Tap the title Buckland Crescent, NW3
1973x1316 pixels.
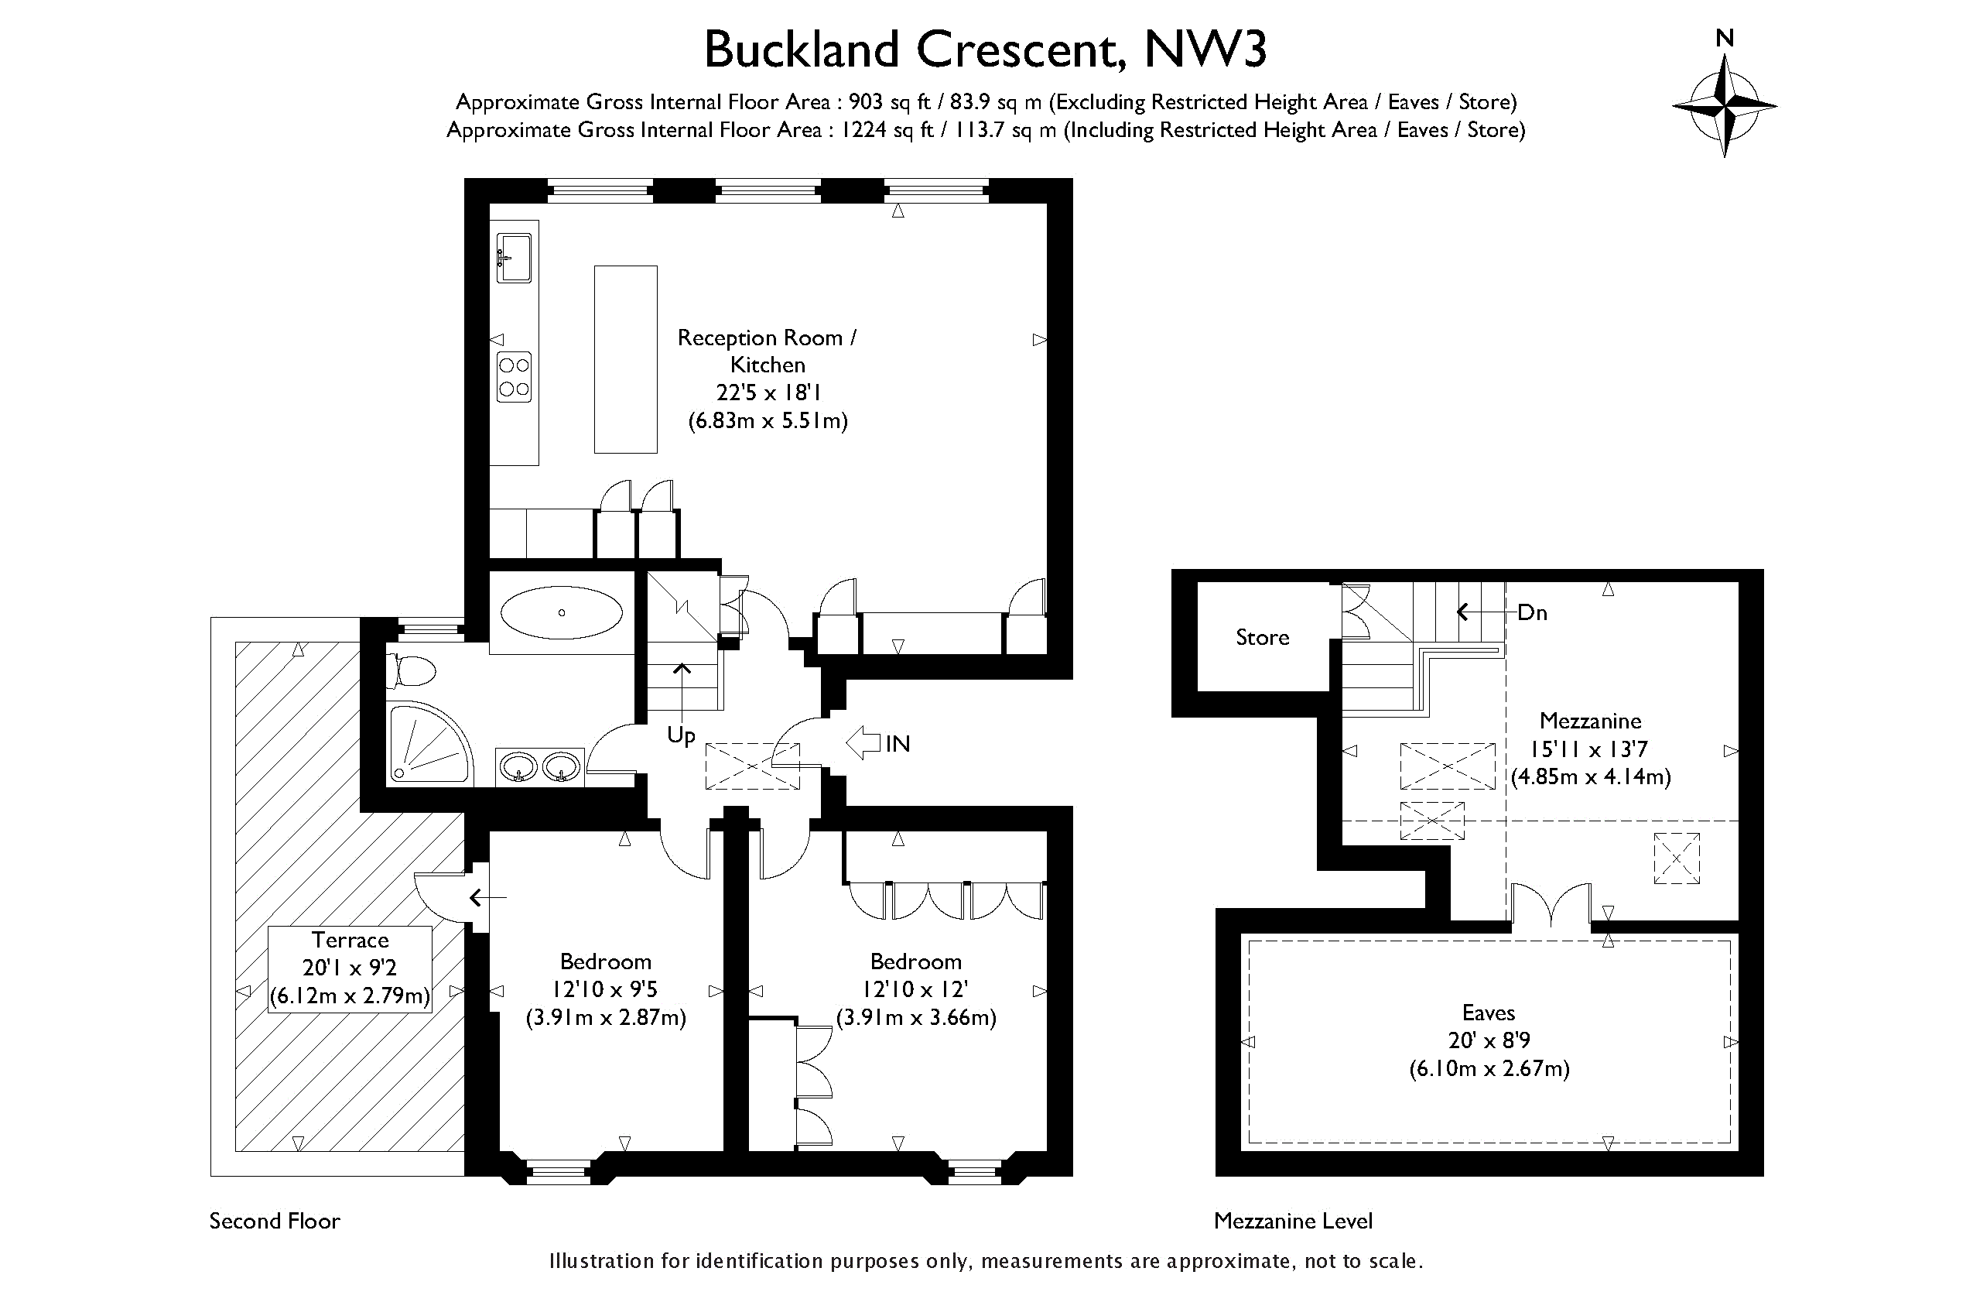pyautogui.click(x=985, y=50)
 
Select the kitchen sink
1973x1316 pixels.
pyautogui.click(x=515, y=257)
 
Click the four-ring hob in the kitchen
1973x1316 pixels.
pyautogui.click(x=515, y=377)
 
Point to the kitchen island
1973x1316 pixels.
pyautogui.click(x=625, y=359)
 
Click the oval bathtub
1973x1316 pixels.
pyautogui.click(x=561, y=612)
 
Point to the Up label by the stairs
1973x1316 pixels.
pyautogui.click(x=681, y=736)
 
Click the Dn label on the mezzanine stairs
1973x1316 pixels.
pyautogui.click(x=1532, y=612)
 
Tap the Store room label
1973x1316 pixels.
pyautogui.click(x=1262, y=637)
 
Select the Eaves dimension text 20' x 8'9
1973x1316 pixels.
pyautogui.click(x=1489, y=1040)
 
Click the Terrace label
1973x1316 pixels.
pyautogui.click(x=350, y=940)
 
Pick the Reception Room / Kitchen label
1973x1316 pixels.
pyautogui.click(x=767, y=351)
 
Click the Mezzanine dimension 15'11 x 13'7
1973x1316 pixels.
pyautogui.click(x=1590, y=749)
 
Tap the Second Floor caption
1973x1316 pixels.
pyautogui.click(x=275, y=1221)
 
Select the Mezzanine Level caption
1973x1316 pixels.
pyautogui.click(x=1293, y=1221)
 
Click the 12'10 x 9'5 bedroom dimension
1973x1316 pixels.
pyautogui.click(x=605, y=989)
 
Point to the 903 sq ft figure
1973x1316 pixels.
pyautogui.click(x=889, y=102)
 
